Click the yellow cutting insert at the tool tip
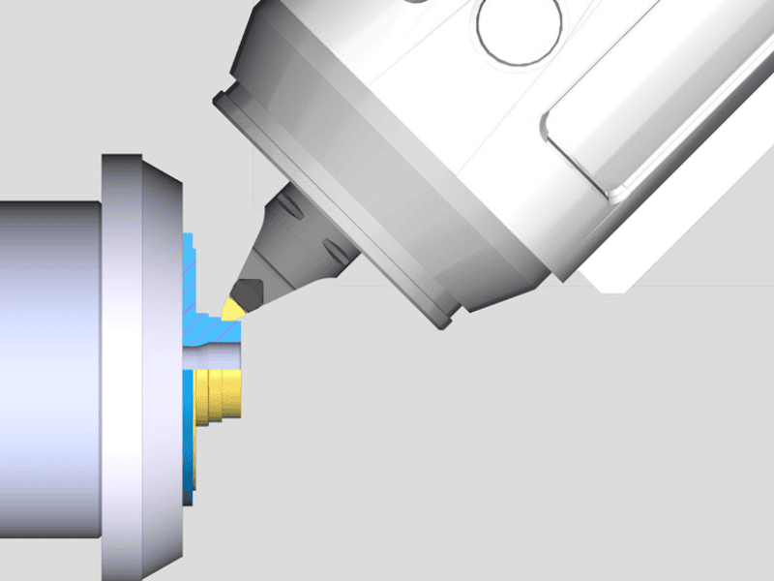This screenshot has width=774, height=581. click(x=232, y=308)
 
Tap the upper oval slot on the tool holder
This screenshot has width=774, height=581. click(x=290, y=209)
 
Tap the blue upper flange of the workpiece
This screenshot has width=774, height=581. click(x=191, y=261)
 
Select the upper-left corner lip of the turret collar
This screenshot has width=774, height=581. click(x=224, y=97)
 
